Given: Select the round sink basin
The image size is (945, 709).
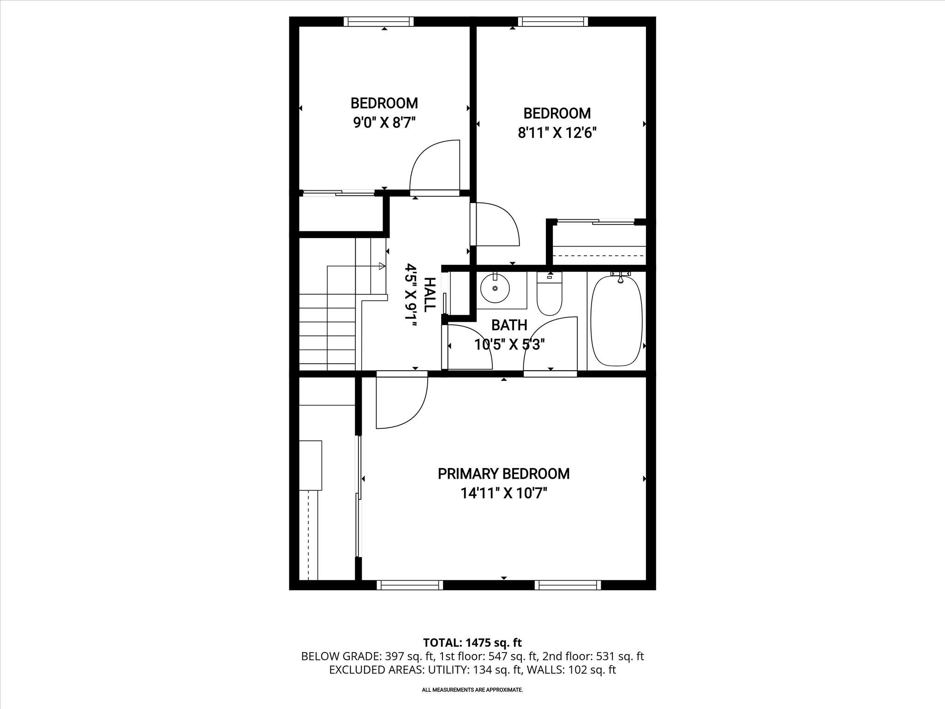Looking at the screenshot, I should click(495, 288).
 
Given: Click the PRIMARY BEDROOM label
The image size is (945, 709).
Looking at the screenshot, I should click(503, 474).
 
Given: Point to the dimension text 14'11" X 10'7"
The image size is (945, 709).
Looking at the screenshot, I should click(503, 493).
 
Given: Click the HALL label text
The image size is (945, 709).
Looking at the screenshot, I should click(429, 294).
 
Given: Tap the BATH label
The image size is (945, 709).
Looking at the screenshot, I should click(509, 325).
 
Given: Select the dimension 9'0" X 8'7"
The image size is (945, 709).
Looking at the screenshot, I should click(384, 123).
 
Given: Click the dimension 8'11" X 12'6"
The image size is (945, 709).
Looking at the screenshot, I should click(557, 133).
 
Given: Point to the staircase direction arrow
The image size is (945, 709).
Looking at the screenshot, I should click(381, 266).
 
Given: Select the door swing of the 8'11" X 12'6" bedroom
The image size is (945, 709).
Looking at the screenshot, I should click(496, 224).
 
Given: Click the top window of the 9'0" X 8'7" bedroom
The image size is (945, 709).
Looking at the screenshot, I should click(378, 21).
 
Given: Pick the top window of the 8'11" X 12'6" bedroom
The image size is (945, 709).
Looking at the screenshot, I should click(553, 21).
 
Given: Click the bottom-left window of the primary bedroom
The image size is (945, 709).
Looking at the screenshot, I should click(410, 585).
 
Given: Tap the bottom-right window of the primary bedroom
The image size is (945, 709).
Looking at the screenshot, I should click(568, 585).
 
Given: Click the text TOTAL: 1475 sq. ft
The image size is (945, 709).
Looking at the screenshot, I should click(472, 643).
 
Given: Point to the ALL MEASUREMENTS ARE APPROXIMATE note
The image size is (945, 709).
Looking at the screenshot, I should click(472, 690).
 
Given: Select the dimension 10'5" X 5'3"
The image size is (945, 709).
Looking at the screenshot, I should click(510, 345).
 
